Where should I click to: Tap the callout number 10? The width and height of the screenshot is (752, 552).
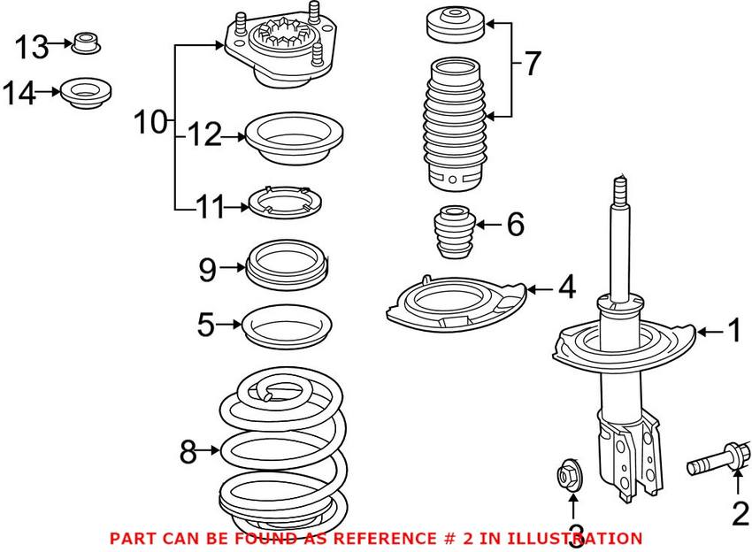(x=150, y=122)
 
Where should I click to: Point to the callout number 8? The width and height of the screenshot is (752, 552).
(x=187, y=452)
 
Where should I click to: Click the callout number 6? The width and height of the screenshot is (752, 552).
(x=514, y=226)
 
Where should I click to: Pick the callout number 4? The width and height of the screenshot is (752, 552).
(x=565, y=287)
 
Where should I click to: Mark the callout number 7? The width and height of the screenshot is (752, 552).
(x=531, y=64)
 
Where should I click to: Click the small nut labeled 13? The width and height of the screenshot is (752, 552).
(x=86, y=42)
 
